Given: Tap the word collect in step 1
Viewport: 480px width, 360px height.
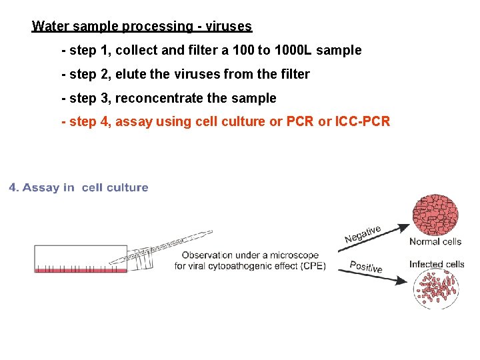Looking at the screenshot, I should (137, 51).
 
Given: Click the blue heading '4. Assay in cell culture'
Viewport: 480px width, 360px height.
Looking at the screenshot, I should (79, 188).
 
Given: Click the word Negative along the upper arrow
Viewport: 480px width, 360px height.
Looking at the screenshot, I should (363, 234).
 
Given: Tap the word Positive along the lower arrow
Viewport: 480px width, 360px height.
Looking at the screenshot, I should (366, 267).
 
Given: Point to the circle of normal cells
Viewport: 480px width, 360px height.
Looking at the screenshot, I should (435, 215).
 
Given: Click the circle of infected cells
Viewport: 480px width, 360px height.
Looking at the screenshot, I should (435, 288).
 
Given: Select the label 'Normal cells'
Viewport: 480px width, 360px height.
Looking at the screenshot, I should (435, 241).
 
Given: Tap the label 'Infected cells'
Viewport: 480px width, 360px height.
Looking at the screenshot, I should (437, 265).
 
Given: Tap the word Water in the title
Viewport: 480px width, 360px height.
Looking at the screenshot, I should (48, 27).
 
